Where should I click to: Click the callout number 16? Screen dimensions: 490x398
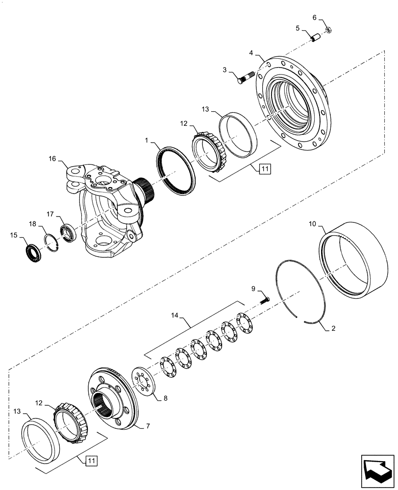coord(52,159)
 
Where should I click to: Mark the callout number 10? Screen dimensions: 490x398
coord(313,224)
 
